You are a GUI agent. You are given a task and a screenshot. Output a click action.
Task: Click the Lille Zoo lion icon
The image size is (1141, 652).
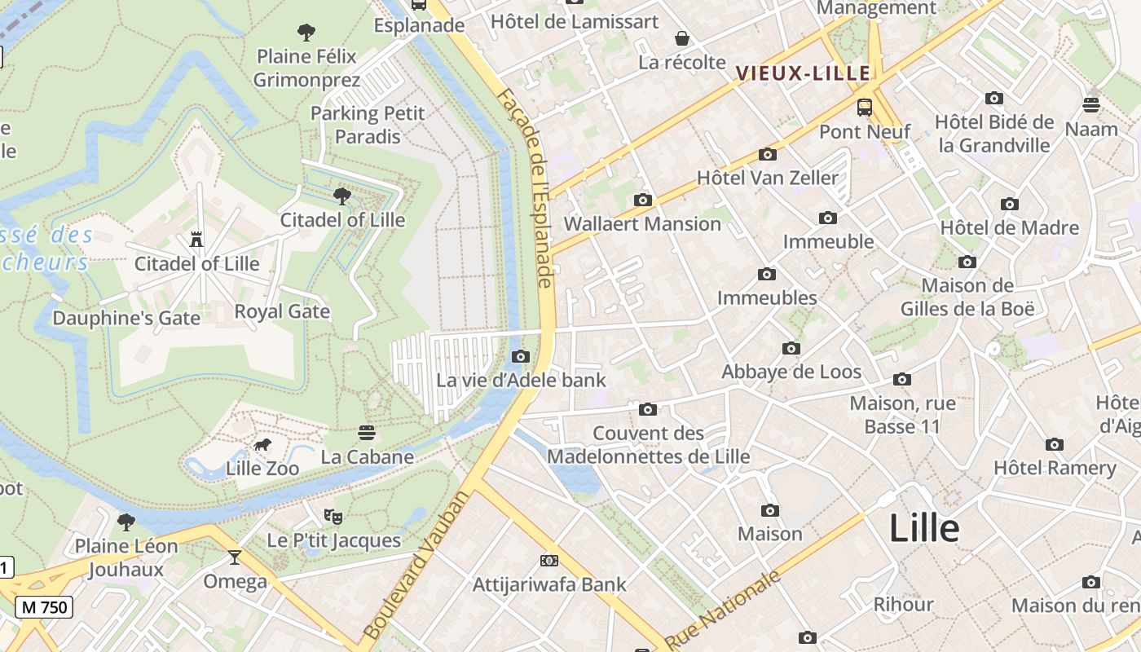click(x=262, y=445)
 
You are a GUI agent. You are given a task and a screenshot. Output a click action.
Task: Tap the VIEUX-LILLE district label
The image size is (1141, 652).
click(x=804, y=73)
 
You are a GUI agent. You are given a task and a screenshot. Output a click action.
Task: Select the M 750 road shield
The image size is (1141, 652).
click(x=44, y=607)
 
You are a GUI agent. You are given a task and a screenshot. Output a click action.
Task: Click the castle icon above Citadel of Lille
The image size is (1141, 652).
click(x=196, y=240)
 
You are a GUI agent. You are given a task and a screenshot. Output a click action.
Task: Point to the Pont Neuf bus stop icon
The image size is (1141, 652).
click(x=864, y=108)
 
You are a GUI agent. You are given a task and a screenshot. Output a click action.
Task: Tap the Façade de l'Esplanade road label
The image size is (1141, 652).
click(x=526, y=187)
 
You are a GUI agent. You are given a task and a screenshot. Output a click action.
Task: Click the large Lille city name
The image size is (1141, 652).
click(x=924, y=528)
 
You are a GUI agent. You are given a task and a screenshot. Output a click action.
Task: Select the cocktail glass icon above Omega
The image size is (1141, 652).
click(x=235, y=557)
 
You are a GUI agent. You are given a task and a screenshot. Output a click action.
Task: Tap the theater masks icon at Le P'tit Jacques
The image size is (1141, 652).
click(x=333, y=516)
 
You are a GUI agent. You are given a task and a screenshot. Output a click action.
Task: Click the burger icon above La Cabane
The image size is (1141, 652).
click(x=367, y=432)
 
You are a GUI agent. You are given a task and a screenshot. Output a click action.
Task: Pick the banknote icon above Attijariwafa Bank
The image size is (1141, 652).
click(x=549, y=561)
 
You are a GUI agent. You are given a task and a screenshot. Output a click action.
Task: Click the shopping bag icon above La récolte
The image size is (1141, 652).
click(x=681, y=38)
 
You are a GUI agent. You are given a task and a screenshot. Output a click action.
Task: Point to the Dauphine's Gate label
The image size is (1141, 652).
click(x=126, y=318)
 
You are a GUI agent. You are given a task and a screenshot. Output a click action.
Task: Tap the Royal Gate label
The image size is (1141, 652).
click(x=282, y=311)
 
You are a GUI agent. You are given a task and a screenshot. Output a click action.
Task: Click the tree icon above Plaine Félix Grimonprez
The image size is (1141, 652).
click(x=306, y=33)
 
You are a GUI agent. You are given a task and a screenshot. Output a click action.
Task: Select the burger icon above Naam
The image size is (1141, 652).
click(x=1091, y=104)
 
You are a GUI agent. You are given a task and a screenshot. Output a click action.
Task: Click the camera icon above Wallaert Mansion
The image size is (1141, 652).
click(x=642, y=200)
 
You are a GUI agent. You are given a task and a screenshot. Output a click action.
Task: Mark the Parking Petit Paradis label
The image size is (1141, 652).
click(x=368, y=125)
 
